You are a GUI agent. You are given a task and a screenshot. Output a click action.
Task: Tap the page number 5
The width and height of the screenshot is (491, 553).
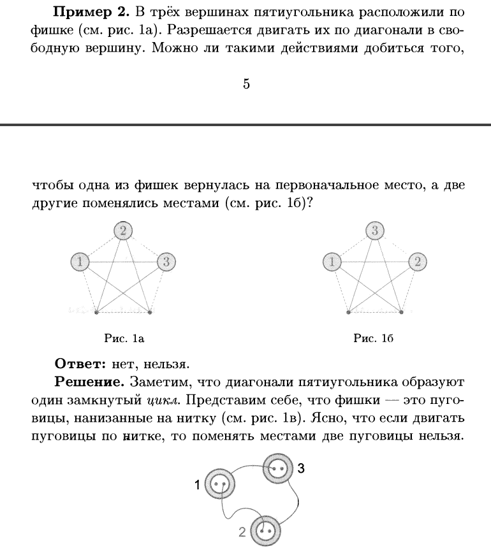coord(246,83)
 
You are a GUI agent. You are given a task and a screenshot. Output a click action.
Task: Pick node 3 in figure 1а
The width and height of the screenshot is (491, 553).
coord(166,261)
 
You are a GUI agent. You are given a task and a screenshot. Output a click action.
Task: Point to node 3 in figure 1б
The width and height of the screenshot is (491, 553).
coord(375,230)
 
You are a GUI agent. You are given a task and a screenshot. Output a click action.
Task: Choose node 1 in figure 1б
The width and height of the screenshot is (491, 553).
coord(332,261)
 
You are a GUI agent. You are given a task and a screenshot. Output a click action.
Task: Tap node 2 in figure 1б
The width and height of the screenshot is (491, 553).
coord(417,261)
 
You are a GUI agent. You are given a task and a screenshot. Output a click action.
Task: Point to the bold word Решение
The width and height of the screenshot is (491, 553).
coord(89,383)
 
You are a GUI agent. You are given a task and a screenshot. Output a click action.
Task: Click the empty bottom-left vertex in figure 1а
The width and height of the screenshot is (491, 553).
coord(96,312)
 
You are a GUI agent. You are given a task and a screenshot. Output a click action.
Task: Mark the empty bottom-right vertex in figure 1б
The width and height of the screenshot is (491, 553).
coord(402,312)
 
